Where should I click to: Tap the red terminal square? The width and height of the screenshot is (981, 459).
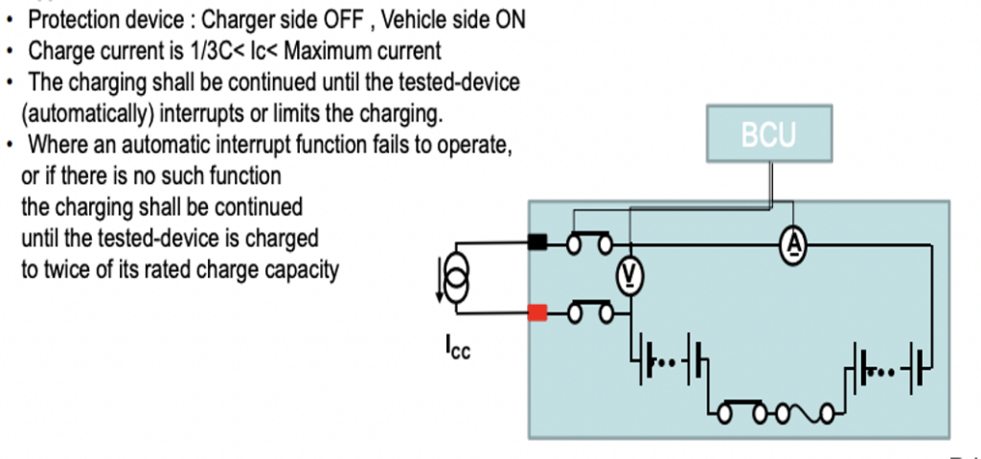click(x=537, y=311)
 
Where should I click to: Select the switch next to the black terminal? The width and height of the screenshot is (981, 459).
click(x=590, y=244)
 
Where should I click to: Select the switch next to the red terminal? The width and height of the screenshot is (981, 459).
click(x=590, y=312)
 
